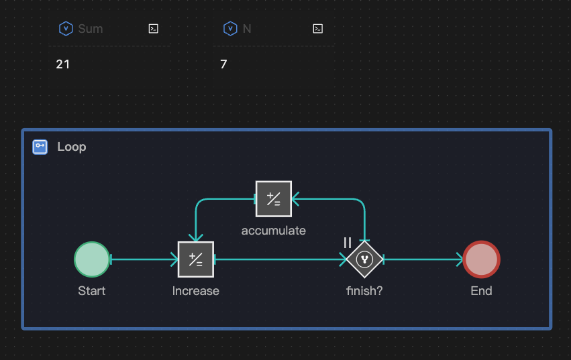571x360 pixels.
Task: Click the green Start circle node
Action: (92, 259)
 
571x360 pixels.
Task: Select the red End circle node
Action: (481, 259)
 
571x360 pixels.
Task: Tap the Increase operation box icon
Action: (195, 259)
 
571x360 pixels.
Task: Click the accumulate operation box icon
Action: (274, 198)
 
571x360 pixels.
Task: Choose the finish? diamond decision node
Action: (364, 259)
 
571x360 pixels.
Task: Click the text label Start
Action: (92, 291)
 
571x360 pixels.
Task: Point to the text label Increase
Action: (195, 291)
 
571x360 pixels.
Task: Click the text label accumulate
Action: (274, 231)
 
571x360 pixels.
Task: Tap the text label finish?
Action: (364, 291)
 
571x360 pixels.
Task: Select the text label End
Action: (481, 291)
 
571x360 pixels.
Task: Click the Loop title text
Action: (72, 147)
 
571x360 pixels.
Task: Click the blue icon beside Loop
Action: (40, 147)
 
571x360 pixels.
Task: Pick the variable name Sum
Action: (91, 29)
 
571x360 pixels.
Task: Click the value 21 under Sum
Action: (63, 64)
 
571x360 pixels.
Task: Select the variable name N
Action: (247, 29)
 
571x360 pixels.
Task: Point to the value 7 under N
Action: (224, 64)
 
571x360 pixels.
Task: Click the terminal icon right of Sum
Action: (153, 29)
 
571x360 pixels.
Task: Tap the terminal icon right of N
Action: (318, 29)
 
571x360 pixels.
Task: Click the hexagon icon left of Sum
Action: (66, 29)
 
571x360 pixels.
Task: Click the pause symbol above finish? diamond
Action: (348, 243)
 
